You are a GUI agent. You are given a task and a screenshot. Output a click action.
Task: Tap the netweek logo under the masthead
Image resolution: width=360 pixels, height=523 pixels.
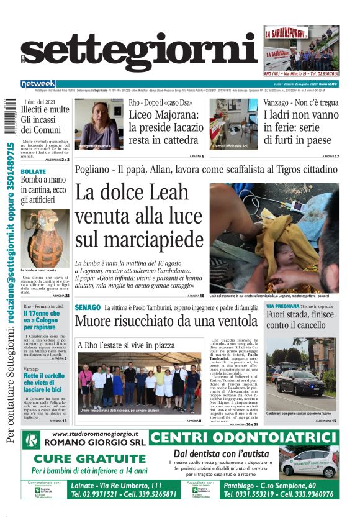click(x=38, y=84)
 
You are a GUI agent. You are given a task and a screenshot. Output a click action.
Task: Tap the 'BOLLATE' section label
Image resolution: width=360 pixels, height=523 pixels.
click(x=34, y=171)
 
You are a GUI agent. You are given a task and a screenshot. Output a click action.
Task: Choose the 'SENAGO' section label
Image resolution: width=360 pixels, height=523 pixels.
click(x=88, y=307)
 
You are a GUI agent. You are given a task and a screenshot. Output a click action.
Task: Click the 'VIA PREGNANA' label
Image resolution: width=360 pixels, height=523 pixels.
click(x=283, y=307)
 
